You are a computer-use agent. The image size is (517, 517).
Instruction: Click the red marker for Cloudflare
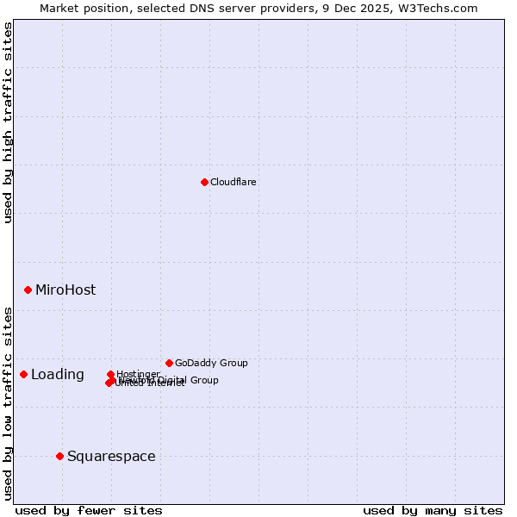coord(204,182)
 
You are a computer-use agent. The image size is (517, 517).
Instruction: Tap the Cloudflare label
coord(234,182)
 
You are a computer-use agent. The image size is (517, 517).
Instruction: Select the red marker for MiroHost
coord(28,290)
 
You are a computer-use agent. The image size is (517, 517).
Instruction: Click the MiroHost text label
coord(65,290)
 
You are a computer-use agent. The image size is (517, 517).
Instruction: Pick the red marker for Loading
coord(23,374)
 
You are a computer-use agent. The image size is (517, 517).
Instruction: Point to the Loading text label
coord(58,374)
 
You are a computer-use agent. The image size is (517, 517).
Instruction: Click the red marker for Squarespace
coord(59,456)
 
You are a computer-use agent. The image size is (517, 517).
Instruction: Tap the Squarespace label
coord(111,456)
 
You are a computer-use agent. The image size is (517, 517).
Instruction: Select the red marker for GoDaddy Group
coord(169,363)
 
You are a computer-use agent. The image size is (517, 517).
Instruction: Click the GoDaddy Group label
coord(211,363)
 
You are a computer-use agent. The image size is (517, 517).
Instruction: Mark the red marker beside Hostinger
coord(110,374)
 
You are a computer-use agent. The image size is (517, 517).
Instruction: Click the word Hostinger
coord(138,373)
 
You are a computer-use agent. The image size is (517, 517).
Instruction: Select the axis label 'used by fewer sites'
coord(89,510)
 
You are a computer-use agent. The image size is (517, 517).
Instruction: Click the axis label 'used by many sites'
coord(433,510)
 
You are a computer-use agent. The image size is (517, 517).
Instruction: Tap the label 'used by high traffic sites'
coord(8,122)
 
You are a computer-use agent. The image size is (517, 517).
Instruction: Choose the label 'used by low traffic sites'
coord(8,403)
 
